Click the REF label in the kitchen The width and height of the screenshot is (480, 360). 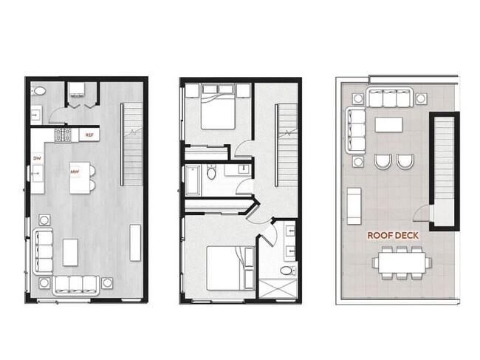(x=89, y=135)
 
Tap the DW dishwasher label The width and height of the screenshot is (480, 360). (x=36, y=158)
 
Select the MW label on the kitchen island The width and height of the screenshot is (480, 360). (x=75, y=172)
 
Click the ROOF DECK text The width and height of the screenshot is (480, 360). (x=394, y=237)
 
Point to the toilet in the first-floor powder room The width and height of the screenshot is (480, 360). (x=41, y=92)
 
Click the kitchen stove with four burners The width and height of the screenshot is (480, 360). (x=64, y=135)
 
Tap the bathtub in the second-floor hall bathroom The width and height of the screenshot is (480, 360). (x=193, y=179)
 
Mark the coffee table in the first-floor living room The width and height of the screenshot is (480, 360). (x=71, y=251)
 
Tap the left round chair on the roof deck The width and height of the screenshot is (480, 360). (x=383, y=161)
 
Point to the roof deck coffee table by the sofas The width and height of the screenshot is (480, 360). (x=388, y=124)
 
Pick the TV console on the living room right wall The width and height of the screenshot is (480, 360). (x=136, y=242)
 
